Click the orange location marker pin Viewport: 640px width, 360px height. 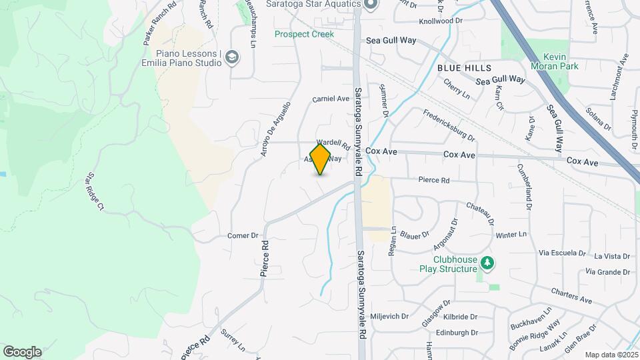coord(320,159)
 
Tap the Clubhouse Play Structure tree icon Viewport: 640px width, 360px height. coord(488,262)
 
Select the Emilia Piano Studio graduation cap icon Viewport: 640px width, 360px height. coord(232,57)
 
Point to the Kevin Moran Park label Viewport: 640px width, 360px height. coord(555,61)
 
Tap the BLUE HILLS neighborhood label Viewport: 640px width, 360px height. coord(464,68)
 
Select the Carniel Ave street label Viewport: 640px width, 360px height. coord(331,99)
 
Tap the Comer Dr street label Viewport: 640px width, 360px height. coord(243,235)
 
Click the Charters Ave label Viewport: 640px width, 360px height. coord(571,296)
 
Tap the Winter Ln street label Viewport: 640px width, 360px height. coord(511,235)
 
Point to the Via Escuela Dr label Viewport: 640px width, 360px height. coord(561,253)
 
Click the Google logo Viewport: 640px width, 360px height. coord(22,351)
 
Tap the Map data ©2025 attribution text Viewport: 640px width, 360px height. coord(611,355)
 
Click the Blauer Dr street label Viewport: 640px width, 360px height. coord(414,235)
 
